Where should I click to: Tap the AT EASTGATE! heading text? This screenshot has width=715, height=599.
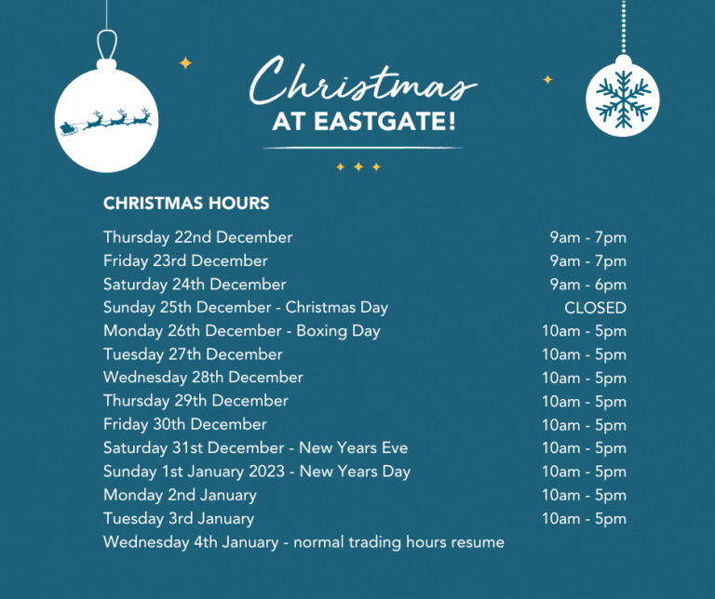point(364,123)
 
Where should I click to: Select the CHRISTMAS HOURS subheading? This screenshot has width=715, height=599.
point(186,203)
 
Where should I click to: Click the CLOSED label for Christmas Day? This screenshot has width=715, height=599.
point(595,308)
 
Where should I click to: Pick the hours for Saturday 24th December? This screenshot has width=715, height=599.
point(587,285)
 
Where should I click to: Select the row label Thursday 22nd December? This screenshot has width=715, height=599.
point(197,237)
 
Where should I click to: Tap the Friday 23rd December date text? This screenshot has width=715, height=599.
point(185,260)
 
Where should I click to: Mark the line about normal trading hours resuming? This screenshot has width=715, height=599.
point(304,542)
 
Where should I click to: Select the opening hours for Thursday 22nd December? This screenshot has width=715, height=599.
point(587,237)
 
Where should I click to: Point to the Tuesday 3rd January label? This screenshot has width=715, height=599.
point(178,519)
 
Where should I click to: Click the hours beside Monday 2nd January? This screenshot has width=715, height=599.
point(584,495)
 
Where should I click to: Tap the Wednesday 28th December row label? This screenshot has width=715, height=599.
point(203,378)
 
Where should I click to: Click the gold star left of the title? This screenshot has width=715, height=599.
point(185,63)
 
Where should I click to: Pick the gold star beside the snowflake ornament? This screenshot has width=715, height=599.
point(547,80)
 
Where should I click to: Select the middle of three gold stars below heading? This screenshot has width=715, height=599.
point(358,167)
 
